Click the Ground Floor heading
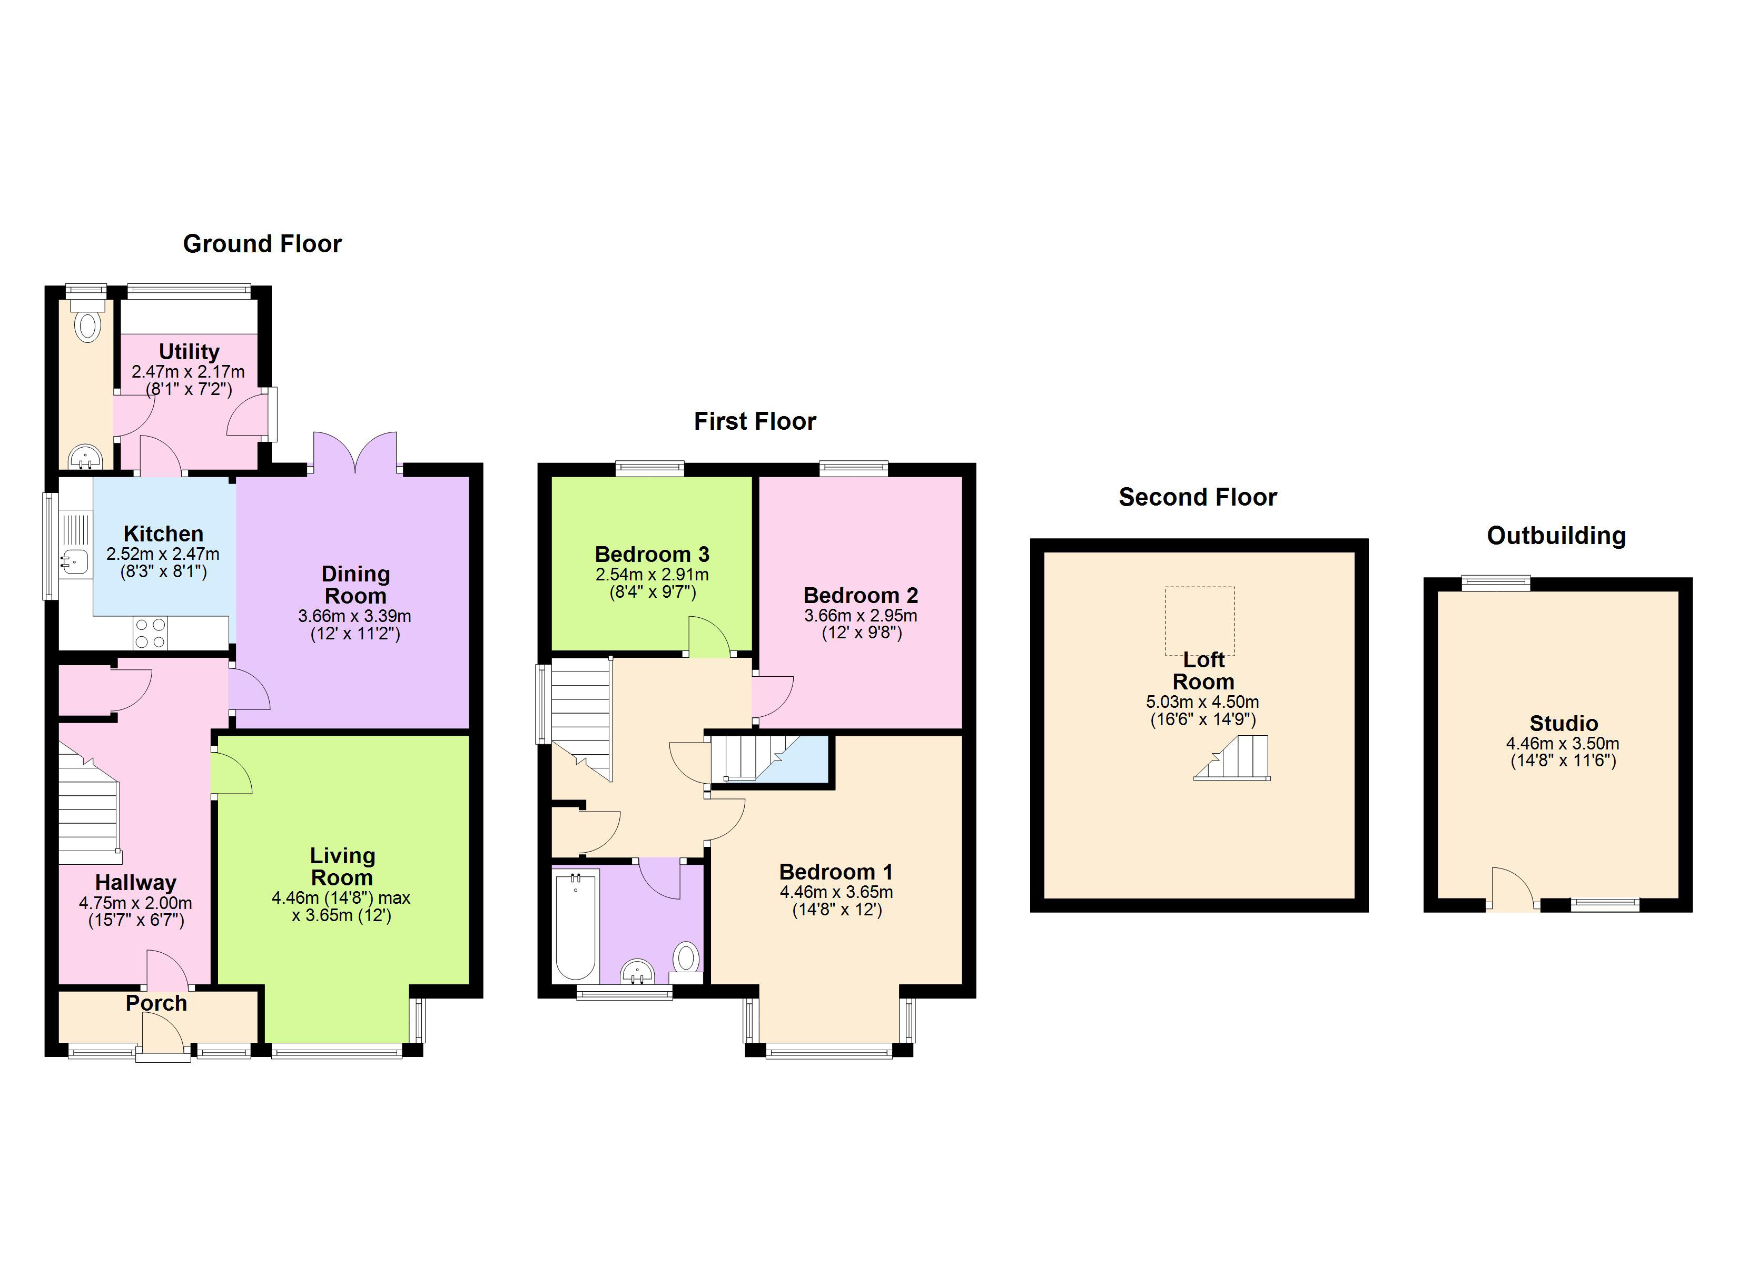pos(262,244)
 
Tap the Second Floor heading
pos(1198,498)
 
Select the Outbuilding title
pos(1556,536)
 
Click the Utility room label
pos(189,352)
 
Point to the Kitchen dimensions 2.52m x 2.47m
pos(163,554)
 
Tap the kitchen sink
pos(74,562)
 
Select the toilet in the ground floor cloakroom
pos(87,320)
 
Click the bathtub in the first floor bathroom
pos(576,925)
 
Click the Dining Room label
pos(355,585)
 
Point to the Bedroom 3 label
pos(652,554)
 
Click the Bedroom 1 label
pos(836,872)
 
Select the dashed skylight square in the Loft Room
pos(1200,621)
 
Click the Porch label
pos(156,1003)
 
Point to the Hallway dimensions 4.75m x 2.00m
pos(136,903)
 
